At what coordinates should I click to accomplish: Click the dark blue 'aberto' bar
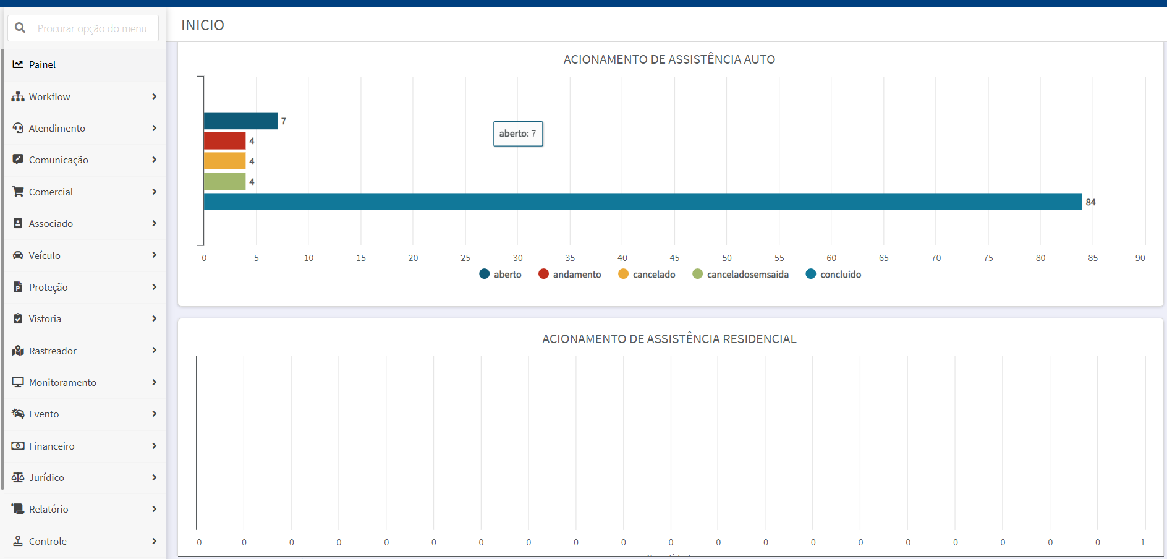click(x=240, y=121)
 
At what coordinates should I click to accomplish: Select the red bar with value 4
click(x=224, y=141)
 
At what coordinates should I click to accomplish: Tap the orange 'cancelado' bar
click(x=224, y=161)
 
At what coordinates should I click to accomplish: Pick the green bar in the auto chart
click(x=224, y=181)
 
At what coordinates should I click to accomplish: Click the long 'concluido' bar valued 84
click(x=643, y=202)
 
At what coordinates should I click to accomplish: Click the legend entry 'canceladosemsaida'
click(x=741, y=274)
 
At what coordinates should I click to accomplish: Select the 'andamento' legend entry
click(x=570, y=274)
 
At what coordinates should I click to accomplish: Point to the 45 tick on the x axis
click(x=674, y=258)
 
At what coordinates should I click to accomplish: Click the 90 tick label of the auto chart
click(x=1140, y=258)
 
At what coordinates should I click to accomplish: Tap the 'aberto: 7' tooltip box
click(x=518, y=134)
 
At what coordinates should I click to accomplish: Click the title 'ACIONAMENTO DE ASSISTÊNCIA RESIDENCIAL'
click(x=669, y=339)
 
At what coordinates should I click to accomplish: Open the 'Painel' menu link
click(x=42, y=64)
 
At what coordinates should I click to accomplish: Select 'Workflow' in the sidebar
click(x=49, y=96)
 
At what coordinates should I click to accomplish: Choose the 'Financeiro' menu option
click(x=51, y=446)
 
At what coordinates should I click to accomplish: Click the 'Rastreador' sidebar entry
click(x=53, y=351)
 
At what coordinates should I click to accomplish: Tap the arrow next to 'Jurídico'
click(x=154, y=477)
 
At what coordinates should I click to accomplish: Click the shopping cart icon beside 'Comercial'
click(x=18, y=192)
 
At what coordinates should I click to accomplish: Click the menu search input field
click(x=83, y=28)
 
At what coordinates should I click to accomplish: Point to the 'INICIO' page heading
click(x=203, y=25)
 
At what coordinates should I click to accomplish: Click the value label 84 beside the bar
click(x=1090, y=202)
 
